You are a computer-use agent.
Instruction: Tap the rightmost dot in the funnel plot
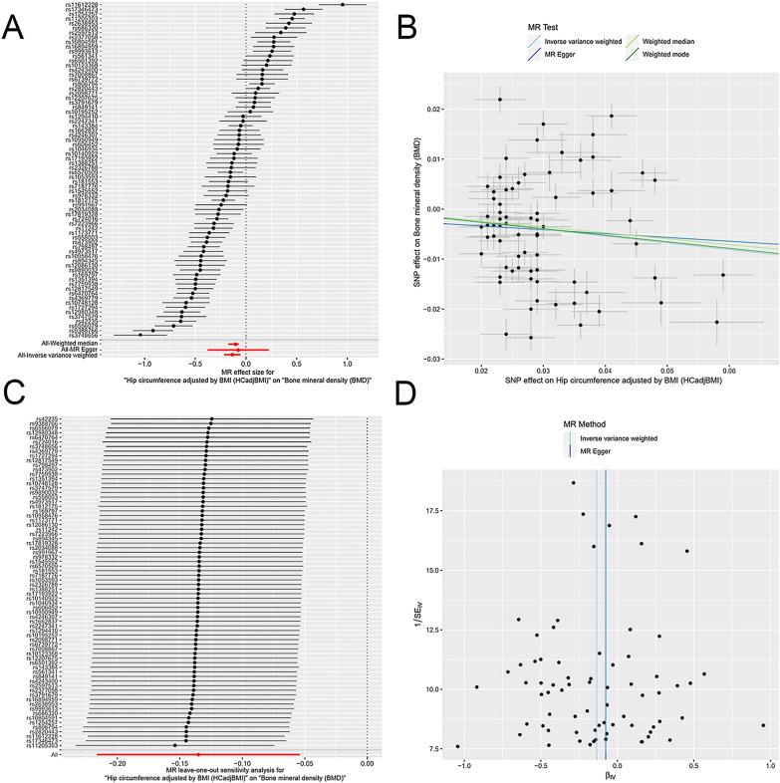(x=763, y=725)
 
